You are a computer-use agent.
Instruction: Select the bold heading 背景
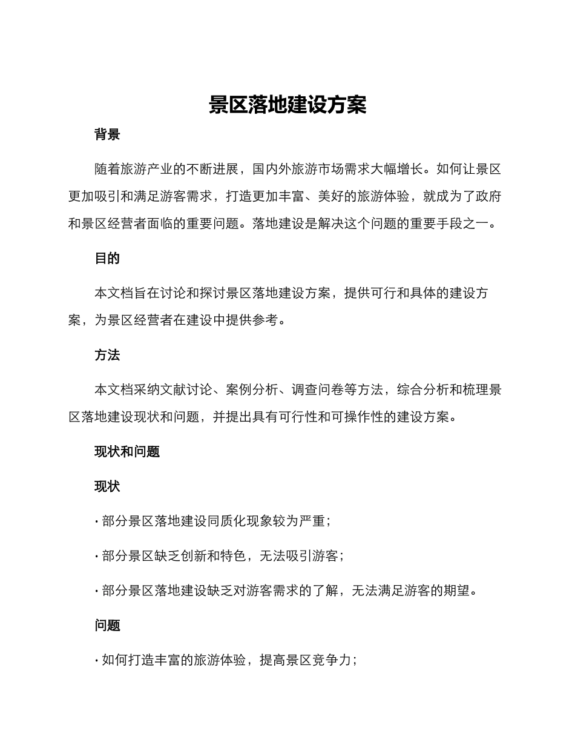107,135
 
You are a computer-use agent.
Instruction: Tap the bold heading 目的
107,259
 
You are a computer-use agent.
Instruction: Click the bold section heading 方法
107,356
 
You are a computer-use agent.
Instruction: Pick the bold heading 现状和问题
127,452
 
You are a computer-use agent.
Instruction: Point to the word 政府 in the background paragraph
488,197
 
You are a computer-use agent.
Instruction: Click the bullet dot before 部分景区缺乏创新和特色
97,557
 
